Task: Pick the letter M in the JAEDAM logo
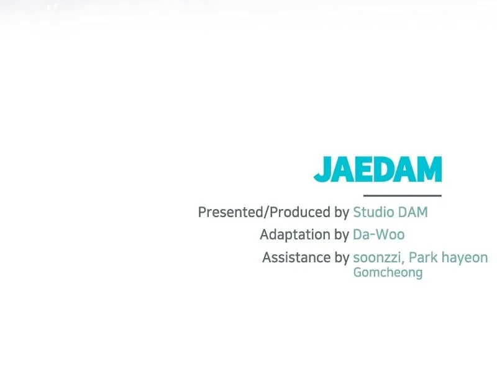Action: [429, 169]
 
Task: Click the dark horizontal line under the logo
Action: [402, 195]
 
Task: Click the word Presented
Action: [230, 212]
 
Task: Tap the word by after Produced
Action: [342, 213]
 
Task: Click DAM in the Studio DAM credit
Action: [413, 212]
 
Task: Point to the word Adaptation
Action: [295, 235]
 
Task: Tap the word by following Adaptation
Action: [342, 236]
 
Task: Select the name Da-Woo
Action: [379, 235]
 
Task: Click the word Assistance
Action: [296, 257]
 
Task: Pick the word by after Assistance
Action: [342, 258]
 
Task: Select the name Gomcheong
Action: [388, 273]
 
